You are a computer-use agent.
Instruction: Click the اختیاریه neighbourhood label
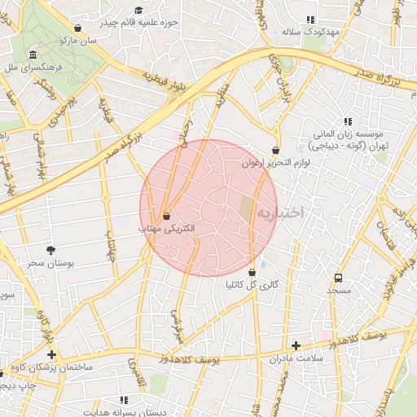click(280, 213)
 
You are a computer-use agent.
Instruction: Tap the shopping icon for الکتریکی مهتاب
click(167, 217)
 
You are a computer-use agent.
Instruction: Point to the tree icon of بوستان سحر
click(51, 250)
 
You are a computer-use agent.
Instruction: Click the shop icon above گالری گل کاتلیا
click(252, 272)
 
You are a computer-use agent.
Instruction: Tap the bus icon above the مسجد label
click(338, 277)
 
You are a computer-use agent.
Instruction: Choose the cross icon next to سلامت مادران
click(296, 345)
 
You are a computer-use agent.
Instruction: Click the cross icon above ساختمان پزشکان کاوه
click(51, 354)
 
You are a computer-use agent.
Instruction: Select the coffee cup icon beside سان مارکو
click(77, 27)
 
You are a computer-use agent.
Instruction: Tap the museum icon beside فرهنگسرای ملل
click(33, 55)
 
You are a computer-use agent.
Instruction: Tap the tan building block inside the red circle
click(246, 208)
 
